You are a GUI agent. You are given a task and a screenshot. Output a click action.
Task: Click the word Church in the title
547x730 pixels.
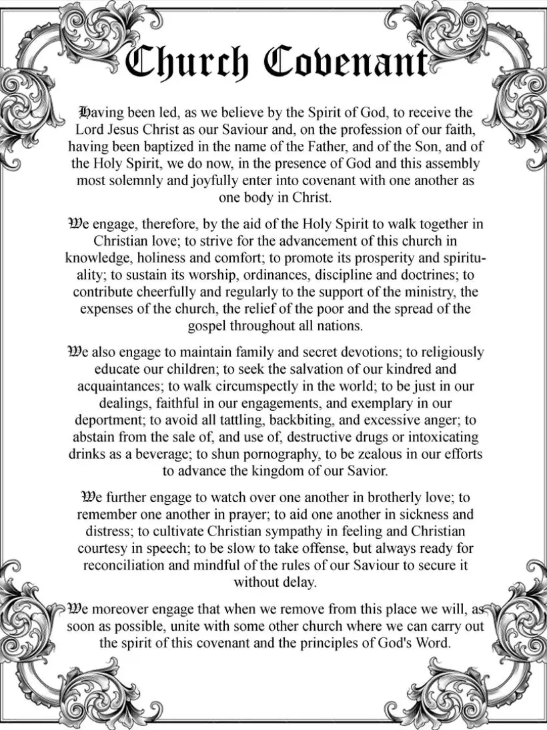coord(189,62)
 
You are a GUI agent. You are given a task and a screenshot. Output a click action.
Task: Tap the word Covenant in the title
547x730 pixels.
coord(346,62)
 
